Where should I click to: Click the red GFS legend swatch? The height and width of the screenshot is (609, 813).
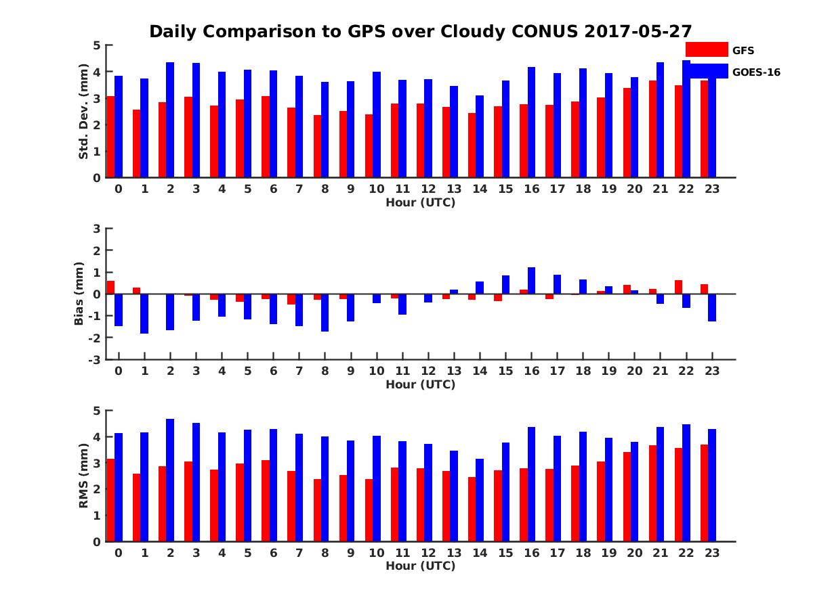[x=707, y=49]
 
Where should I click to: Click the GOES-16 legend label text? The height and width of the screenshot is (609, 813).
[x=756, y=72]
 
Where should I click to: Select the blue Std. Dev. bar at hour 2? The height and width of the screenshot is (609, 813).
[x=170, y=120]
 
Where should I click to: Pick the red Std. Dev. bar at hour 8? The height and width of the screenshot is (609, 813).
[x=318, y=146]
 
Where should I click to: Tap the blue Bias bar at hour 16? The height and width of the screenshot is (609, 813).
[x=531, y=281]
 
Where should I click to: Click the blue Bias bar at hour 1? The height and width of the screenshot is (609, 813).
[x=144, y=314]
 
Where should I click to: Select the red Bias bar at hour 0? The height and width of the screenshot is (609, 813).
[x=110, y=288]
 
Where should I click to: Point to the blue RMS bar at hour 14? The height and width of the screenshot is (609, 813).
[x=480, y=500]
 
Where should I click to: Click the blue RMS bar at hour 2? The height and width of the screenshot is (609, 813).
[x=170, y=480]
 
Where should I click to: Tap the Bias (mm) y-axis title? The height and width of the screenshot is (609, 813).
[x=79, y=294]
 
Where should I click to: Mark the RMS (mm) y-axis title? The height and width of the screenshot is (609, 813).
[x=84, y=476]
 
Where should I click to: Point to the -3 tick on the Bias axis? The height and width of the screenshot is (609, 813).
[x=96, y=359]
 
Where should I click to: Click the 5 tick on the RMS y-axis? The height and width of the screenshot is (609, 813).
[x=97, y=411]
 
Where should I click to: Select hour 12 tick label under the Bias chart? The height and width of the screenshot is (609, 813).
[x=428, y=371]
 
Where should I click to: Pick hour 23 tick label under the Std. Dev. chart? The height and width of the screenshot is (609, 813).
[x=711, y=189]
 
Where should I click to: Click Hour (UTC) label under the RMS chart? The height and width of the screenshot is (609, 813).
[x=420, y=566]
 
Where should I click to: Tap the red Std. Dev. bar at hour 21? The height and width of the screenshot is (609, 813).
[x=652, y=129]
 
